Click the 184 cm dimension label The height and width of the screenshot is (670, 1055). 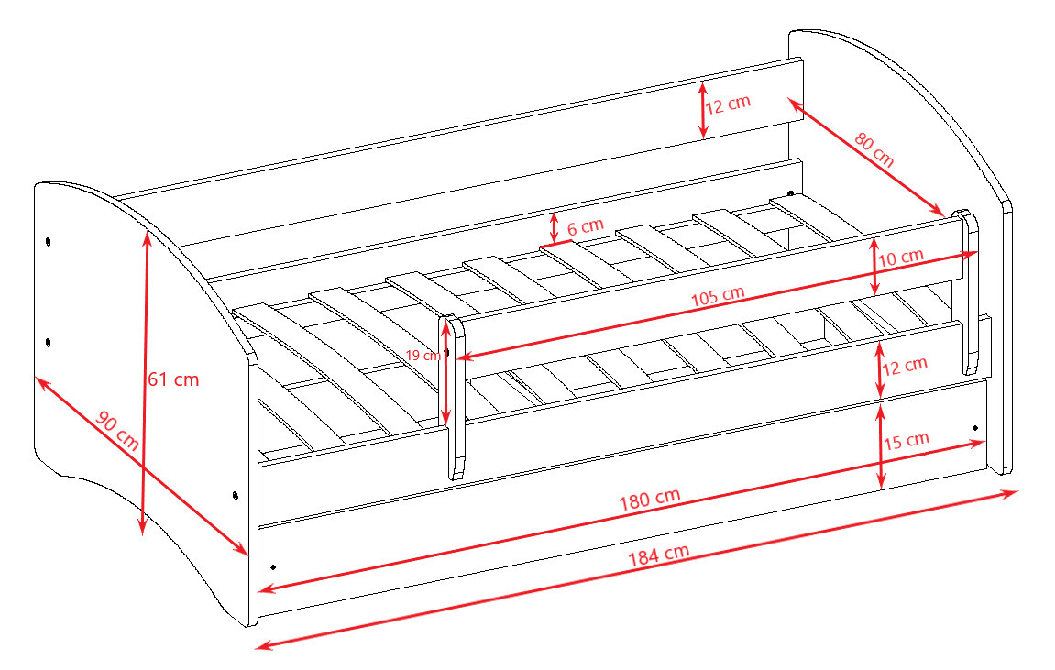click(659, 555)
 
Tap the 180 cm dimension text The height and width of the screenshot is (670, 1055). click(649, 500)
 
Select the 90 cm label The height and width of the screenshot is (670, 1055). click(117, 431)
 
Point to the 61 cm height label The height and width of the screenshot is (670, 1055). click(173, 379)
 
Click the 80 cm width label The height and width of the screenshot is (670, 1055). click(874, 149)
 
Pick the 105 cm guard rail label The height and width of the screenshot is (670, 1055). click(718, 296)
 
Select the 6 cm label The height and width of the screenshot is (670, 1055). click(586, 226)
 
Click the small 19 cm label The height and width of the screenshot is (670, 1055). click(423, 355)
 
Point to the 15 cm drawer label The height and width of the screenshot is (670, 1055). click(907, 441)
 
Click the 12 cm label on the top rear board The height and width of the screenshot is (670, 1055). click(728, 104)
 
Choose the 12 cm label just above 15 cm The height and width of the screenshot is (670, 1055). click(905, 367)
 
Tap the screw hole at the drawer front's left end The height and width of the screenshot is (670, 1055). click(273, 567)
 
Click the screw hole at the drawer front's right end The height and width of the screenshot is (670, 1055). click(975, 427)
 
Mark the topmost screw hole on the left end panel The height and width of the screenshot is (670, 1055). click(48, 241)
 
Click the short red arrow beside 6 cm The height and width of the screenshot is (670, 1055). click(554, 228)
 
